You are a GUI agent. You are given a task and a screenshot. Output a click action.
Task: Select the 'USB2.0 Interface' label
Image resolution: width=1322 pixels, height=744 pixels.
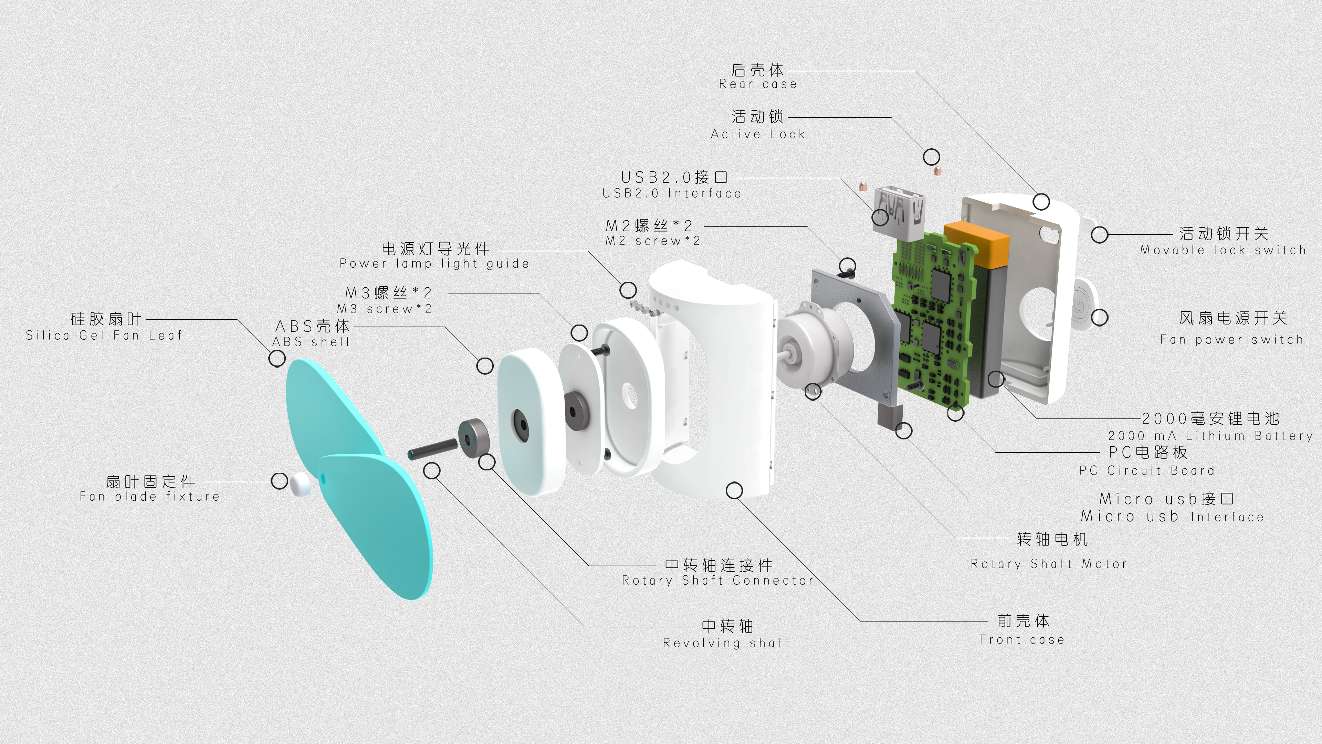(671, 193)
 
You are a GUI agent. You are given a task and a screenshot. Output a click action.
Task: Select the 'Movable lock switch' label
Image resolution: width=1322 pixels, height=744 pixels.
(1223, 251)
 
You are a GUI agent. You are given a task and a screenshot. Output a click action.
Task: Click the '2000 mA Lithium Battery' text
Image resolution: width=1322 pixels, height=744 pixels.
(1210, 436)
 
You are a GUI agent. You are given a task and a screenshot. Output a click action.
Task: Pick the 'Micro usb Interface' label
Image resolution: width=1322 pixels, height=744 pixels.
(1172, 516)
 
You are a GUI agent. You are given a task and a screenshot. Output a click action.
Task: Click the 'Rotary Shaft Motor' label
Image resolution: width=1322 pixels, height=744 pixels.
(1048, 564)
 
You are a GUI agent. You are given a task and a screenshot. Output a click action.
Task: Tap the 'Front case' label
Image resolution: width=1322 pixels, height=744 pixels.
(1022, 640)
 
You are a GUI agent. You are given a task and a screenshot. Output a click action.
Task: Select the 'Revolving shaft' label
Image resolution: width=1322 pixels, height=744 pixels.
(726, 643)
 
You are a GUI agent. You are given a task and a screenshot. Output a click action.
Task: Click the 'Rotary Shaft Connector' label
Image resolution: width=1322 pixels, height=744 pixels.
(717, 580)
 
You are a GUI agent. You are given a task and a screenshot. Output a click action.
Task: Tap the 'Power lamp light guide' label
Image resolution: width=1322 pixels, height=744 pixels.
(434, 264)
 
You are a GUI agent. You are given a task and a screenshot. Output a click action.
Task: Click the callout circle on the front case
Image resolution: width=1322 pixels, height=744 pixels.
(734, 490)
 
